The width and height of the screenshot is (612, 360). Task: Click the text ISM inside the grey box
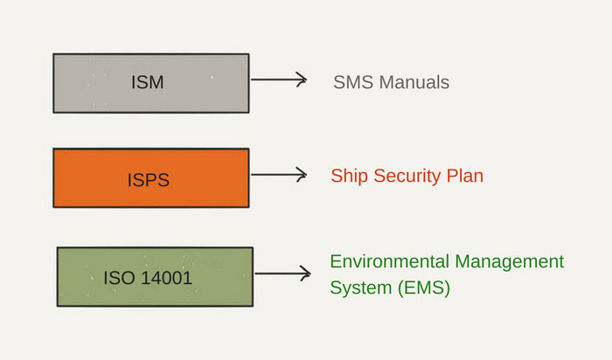pyautogui.click(x=147, y=84)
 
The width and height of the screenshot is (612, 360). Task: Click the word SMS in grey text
pyautogui.click(x=352, y=83)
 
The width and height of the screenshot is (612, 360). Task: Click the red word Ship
pyautogui.click(x=349, y=177)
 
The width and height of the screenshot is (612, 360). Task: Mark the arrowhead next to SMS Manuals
pyautogui.click(x=302, y=80)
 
